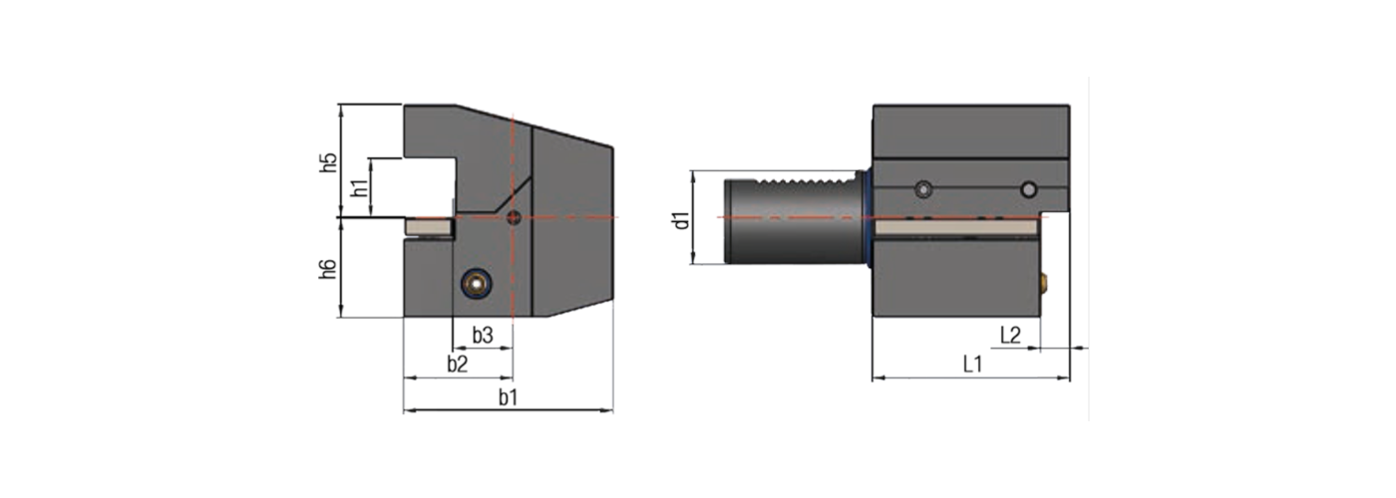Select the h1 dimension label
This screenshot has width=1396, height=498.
pyautogui.click(x=361, y=185)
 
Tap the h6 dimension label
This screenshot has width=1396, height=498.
pyautogui.click(x=328, y=268)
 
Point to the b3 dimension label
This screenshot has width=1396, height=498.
pyautogui.click(x=483, y=335)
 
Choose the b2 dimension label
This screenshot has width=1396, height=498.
pyautogui.click(x=457, y=364)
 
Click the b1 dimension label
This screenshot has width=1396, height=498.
pyautogui.click(x=509, y=397)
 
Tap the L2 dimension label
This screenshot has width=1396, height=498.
pyautogui.click(x=1009, y=336)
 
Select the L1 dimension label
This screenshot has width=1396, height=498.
pyautogui.click(x=973, y=365)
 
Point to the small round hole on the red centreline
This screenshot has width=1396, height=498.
pyautogui.click(x=514, y=217)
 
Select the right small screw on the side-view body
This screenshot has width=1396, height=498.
pyautogui.click(x=1028, y=188)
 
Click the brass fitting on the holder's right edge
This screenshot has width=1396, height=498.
pyautogui.click(x=1046, y=283)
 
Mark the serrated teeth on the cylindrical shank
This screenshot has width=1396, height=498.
pyautogui.click(x=808, y=185)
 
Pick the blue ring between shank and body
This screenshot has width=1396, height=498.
pyautogui.click(x=869, y=217)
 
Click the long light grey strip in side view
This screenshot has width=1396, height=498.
pyautogui.click(x=957, y=230)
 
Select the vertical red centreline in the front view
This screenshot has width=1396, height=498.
pyautogui.click(x=513, y=269)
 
